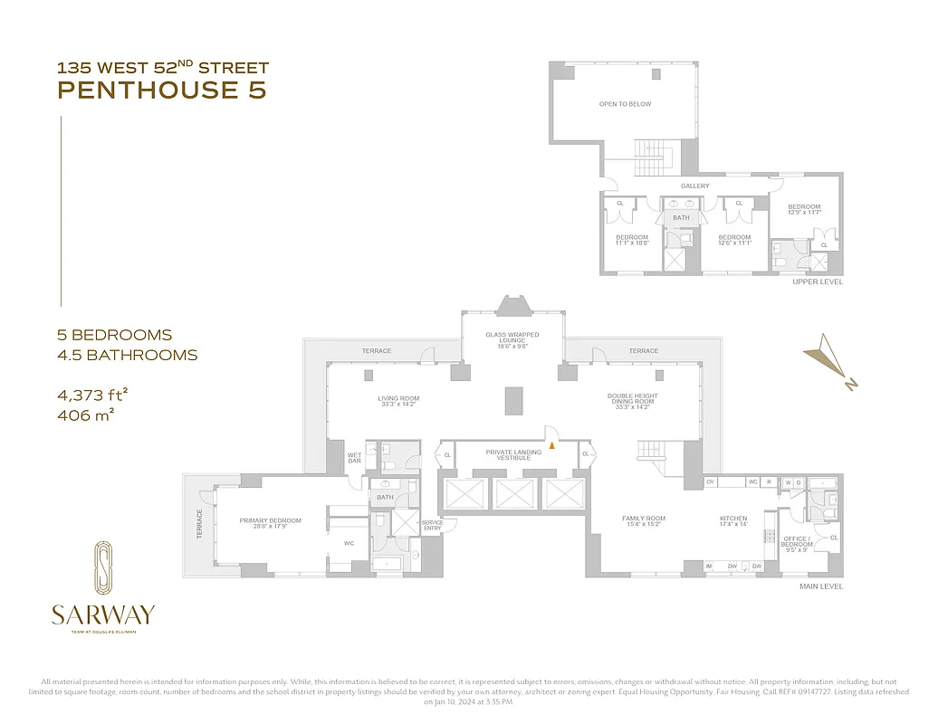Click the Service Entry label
[432, 525]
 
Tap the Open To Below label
[625, 104]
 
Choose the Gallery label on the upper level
[695, 186]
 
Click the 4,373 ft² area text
[92, 395]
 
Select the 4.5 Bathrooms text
[127, 355]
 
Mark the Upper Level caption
[817, 282]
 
